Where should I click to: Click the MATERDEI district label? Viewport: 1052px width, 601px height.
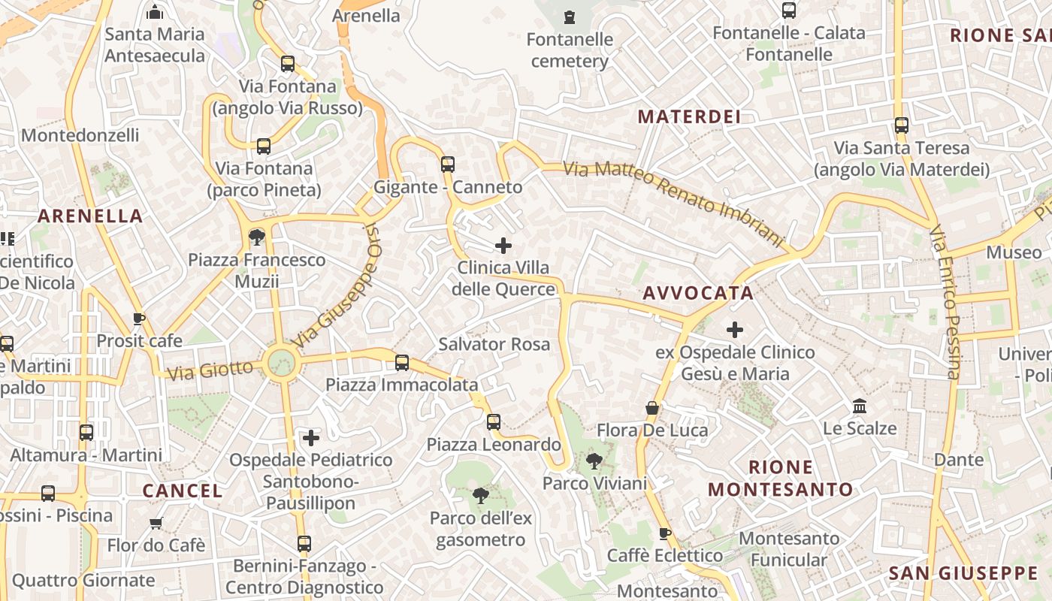(689, 116)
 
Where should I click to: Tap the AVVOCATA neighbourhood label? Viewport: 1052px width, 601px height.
(698, 293)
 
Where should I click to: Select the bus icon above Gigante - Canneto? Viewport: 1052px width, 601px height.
(448, 164)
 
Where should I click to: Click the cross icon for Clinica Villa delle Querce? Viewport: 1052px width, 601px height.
(503, 246)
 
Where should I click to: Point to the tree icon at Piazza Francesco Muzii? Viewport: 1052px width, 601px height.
(256, 237)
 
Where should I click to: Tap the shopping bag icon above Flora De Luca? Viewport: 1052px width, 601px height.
(652, 408)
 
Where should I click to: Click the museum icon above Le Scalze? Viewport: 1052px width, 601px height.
(860, 406)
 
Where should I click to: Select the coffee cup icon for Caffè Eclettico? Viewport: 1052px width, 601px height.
(664, 533)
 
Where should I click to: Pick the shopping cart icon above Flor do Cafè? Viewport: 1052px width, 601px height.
(156, 523)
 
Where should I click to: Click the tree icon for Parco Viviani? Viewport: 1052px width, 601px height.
(594, 461)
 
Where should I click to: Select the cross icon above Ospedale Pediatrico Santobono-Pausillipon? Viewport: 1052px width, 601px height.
(311, 437)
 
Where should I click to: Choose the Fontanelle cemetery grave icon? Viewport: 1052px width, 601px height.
(570, 17)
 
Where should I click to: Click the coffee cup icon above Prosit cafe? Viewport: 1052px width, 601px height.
(139, 319)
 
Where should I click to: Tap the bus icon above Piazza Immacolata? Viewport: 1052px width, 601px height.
(402, 362)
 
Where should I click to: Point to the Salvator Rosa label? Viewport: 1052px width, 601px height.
(494, 344)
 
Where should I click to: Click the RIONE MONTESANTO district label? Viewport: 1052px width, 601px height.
(781, 478)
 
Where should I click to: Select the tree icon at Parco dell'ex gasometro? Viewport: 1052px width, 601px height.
(480, 495)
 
